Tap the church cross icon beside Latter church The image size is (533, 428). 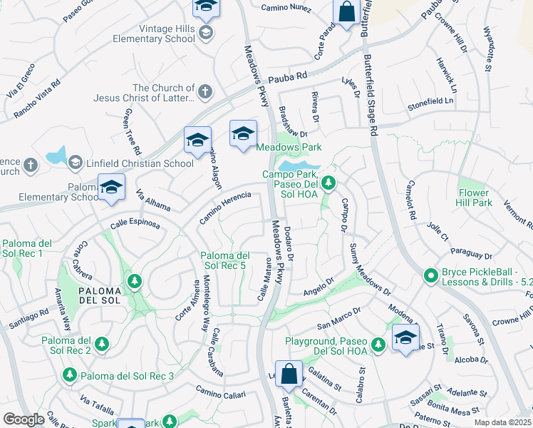click(x=205, y=91)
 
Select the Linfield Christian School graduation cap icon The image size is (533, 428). click(x=75, y=163)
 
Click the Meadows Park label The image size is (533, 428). click(x=289, y=148)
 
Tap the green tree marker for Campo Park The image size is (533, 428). click(x=328, y=184)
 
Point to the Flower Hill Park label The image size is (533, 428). click(x=474, y=198)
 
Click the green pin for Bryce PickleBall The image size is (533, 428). click(x=430, y=275)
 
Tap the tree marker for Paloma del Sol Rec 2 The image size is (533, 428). click(x=102, y=345)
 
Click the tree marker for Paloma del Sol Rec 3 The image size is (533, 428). click(x=70, y=374)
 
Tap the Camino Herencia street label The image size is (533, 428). click(x=225, y=207)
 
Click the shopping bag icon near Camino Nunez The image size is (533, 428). click(x=346, y=11)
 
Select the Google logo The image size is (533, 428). click(x=24, y=419)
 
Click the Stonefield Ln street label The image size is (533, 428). click(x=430, y=101)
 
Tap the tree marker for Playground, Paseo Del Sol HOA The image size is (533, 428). click(x=378, y=345)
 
